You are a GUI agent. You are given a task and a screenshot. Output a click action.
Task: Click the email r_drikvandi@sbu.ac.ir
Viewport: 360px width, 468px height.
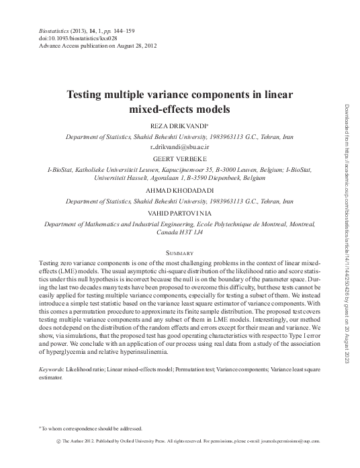179,145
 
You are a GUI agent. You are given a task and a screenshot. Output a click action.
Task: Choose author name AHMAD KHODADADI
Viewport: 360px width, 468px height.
179,191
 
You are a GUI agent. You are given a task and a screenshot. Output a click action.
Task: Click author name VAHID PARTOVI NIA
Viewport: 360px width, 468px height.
179,210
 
